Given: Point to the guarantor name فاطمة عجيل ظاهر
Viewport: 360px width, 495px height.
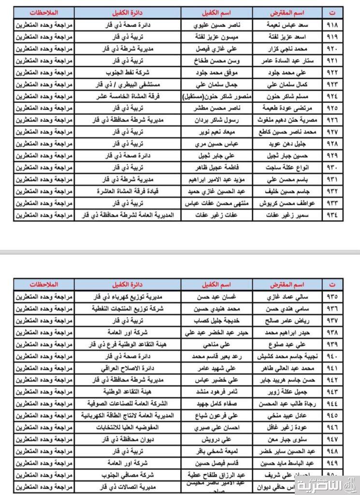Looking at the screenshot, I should pyautogui.click(x=217, y=167).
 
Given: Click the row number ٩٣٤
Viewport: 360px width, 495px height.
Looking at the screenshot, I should pyautogui.click(x=333, y=214).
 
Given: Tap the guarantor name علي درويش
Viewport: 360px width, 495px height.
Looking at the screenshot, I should pyautogui.click(x=217, y=439).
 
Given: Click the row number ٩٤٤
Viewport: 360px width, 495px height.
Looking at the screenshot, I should pyautogui.click(x=333, y=403).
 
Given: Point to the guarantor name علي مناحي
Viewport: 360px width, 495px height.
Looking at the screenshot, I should pyautogui.click(x=217, y=344).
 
